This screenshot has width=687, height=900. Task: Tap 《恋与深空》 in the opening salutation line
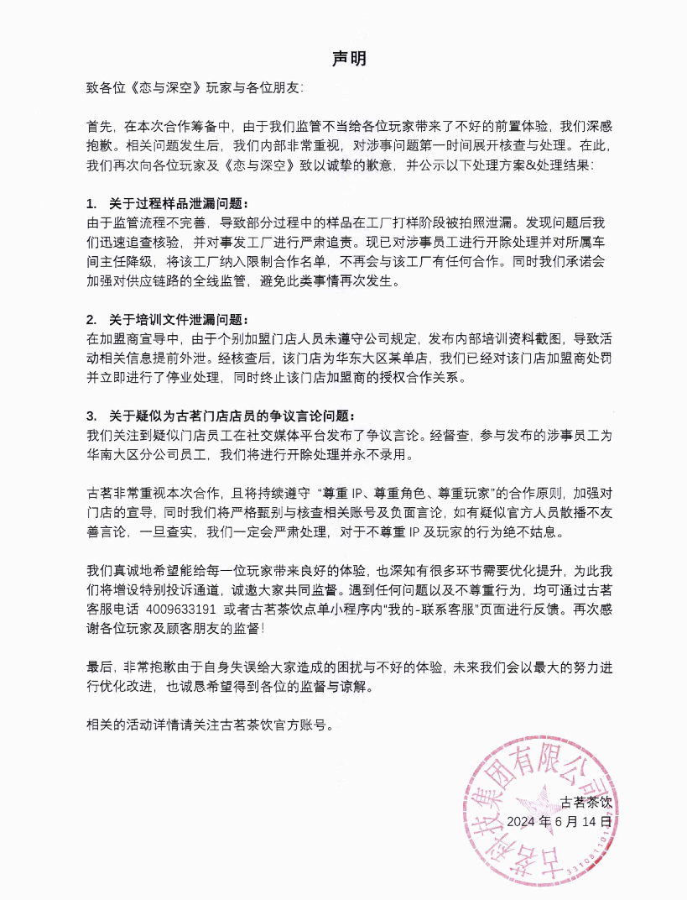click(169, 87)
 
